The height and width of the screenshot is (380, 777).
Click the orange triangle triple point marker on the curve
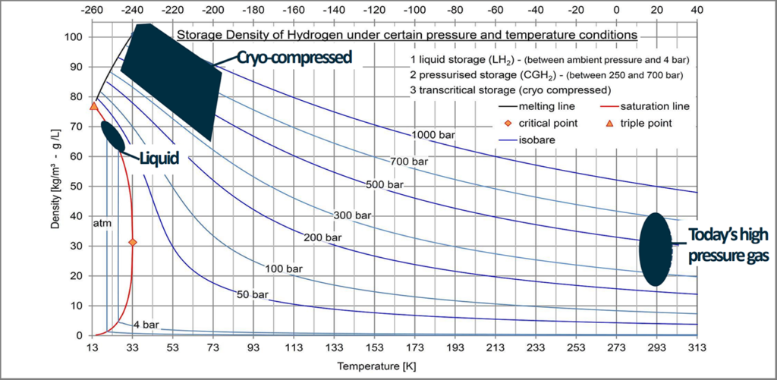pos(94,106)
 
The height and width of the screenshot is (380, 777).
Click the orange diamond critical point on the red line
pos(133,242)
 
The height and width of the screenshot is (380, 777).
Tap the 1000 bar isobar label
pos(434,134)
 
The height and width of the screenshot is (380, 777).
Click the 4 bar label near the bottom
pos(146,325)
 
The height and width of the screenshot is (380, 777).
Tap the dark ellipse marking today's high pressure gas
pos(653,250)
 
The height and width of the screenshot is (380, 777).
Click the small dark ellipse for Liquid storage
pos(112,135)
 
